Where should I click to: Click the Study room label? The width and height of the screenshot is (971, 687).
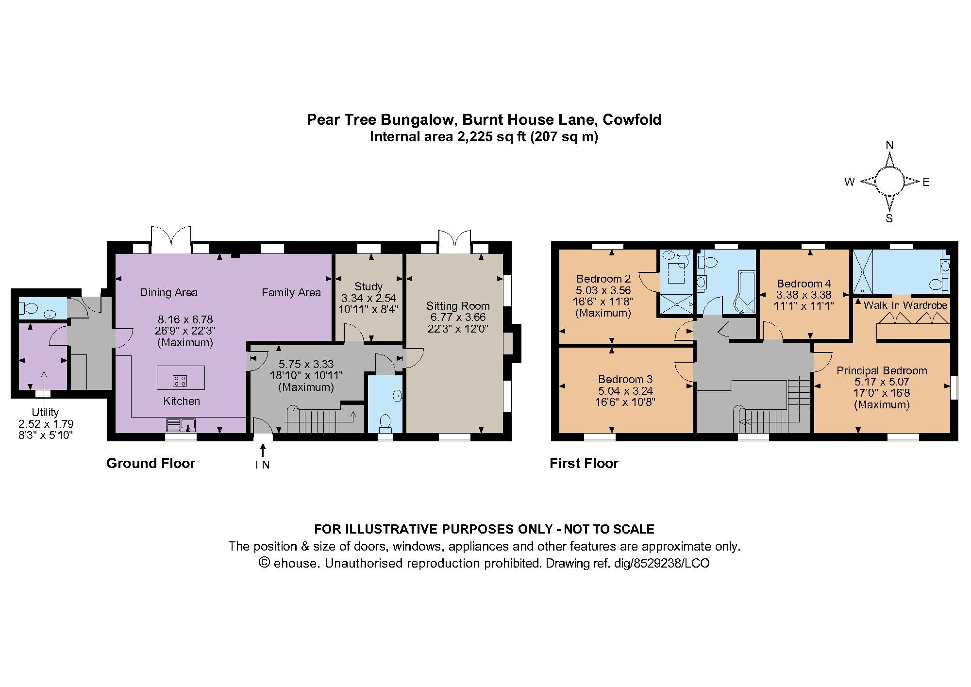[x=368, y=286]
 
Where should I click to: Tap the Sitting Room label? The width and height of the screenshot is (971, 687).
[x=458, y=306]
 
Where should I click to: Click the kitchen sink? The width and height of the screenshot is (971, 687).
[x=181, y=425]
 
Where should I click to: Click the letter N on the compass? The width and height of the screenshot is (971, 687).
[x=889, y=145]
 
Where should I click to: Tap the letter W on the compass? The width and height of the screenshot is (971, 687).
[x=849, y=182]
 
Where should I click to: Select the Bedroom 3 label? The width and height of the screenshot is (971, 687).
[x=625, y=379]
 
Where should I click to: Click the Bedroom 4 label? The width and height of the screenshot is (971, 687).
[x=804, y=284]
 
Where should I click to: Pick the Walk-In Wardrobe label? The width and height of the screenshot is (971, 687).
[x=905, y=305]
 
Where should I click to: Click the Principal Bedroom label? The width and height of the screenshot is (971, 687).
[x=882, y=370]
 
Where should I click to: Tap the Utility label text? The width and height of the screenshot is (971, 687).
[x=45, y=412]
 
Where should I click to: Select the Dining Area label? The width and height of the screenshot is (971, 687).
[x=168, y=292]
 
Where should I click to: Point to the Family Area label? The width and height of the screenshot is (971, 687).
[x=291, y=292]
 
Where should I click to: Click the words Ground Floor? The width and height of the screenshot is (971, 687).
[x=151, y=463]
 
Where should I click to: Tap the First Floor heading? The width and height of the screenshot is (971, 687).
[x=584, y=463]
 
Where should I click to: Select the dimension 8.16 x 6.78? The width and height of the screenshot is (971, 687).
[x=185, y=319]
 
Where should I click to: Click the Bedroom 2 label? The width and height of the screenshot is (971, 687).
[x=603, y=279]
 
